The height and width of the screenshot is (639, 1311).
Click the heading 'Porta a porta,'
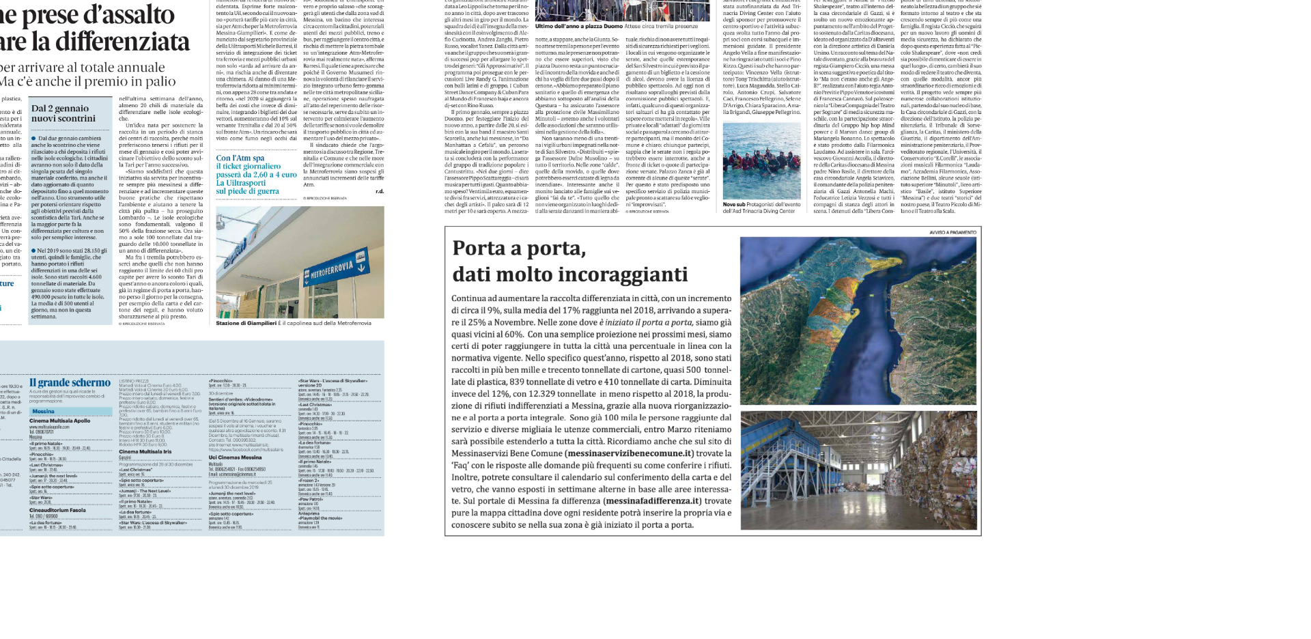519,248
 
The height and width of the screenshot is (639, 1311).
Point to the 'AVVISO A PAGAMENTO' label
953,233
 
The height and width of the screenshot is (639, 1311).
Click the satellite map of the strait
858,320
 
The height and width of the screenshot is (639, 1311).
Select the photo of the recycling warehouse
858,470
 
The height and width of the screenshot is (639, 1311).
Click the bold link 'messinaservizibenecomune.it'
630,453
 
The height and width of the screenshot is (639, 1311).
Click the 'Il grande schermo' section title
70,383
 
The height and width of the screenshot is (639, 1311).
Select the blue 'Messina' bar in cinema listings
70,412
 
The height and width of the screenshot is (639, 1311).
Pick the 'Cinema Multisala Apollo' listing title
60,421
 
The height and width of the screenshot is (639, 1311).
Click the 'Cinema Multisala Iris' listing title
145,452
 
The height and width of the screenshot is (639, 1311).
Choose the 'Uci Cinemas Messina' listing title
235,457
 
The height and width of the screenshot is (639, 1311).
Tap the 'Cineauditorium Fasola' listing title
57,510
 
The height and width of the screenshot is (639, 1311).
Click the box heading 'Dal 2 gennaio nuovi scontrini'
63,113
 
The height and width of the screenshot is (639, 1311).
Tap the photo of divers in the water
761,160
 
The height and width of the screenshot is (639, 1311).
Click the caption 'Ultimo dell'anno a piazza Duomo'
578,27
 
